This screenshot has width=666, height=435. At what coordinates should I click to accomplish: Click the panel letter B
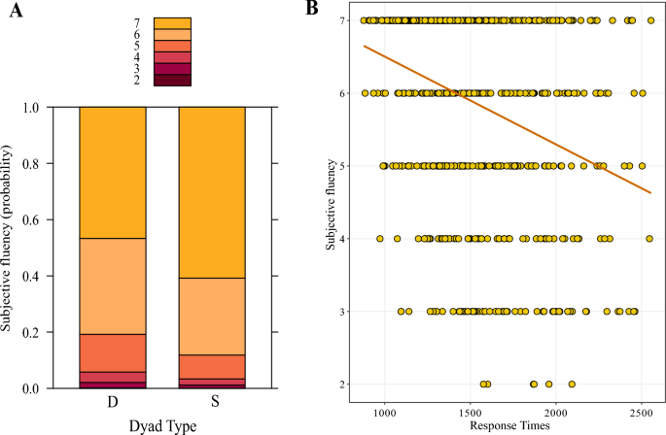(312, 9)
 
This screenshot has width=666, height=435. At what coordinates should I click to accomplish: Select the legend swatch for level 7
(172, 22)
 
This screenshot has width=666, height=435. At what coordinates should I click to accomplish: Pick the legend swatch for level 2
(172, 81)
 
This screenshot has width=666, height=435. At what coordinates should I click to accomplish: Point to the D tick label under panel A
(113, 401)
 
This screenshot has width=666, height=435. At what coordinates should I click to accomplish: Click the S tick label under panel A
(212, 401)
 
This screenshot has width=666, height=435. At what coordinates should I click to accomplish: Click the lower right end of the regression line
(649, 193)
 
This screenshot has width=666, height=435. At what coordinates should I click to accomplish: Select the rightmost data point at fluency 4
(648, 239)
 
